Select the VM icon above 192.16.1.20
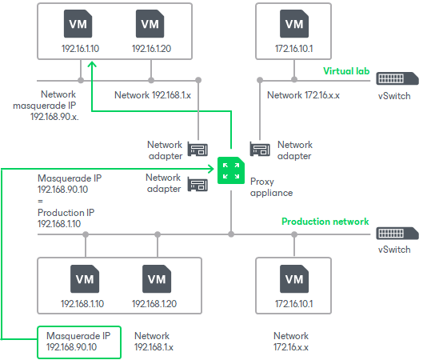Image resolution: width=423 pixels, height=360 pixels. pos(150,24)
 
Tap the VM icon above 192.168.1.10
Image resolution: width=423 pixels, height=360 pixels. pos(85,279)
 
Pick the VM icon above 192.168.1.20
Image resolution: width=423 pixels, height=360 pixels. pos(157,279)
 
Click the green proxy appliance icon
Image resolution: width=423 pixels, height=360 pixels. pos(230,170)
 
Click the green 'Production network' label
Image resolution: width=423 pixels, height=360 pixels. pos(325,222)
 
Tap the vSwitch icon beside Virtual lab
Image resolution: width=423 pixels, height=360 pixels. pos(397,79)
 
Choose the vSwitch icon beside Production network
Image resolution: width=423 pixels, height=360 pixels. pos(397,233)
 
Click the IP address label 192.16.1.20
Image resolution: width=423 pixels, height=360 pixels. pos(150,49)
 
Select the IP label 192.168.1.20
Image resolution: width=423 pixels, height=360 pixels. pos(157,304)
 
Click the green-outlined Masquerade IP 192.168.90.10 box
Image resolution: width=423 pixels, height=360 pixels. pos(78,342)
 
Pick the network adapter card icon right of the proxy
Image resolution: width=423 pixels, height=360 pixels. pos(258,149)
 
